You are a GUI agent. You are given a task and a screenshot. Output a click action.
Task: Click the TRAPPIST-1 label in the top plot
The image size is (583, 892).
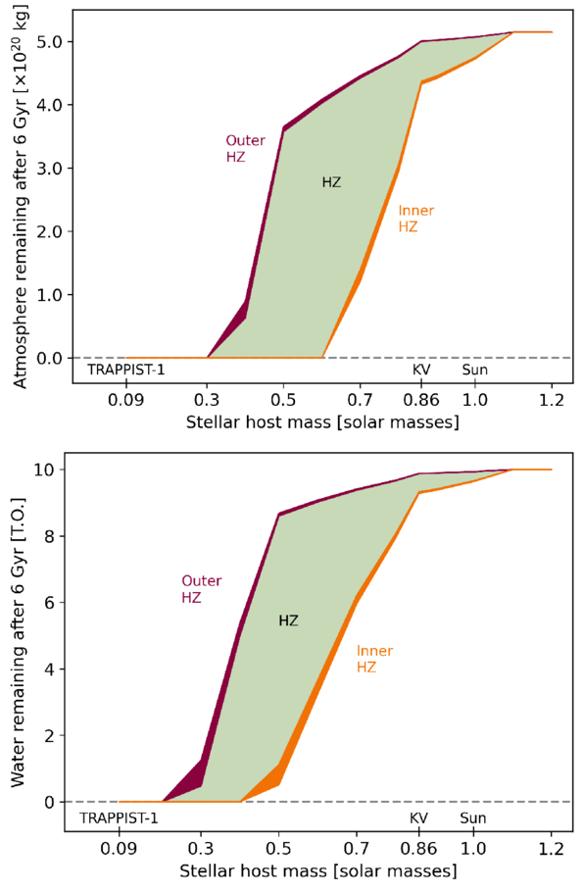pyautogui.click(x=125, y=370)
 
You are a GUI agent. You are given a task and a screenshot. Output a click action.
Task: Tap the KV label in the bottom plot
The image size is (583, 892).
pyautogui.click(x=418, y=818)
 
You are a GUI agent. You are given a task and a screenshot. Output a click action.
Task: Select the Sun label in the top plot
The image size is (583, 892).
pyautogui.click(x=475, y=370)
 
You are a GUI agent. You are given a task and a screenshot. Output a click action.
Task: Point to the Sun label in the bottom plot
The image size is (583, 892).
pyautogui.click(x=473, y=818)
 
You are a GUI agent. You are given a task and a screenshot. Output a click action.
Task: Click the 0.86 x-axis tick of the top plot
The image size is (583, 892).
pyautogui.click(x=421, y=401)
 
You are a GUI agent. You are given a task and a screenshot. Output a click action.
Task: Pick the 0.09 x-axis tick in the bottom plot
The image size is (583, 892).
pyautogui.click(x=119, y=849)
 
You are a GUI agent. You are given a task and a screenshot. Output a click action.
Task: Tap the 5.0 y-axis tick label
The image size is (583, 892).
pyautogui.click(x=49, y=42)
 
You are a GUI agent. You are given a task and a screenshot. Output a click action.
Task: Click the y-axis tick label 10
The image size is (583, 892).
pyautogui.click(x=45, y=470)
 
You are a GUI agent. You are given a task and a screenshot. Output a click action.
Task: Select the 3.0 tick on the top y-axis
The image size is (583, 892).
pyautogui.click(x=49, y=169)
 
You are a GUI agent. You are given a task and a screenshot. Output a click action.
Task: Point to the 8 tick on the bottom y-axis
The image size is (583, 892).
pyautogui.click(x=50, y=536)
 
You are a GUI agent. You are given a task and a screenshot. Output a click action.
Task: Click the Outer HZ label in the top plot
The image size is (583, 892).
pyautogui.click(x=245, y=148)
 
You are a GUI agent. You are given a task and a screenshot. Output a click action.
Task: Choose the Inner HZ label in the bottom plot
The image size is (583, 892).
pyautogui.click(x=375, y=659)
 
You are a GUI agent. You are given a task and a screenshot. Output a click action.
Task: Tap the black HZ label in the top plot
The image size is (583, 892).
pyautogui.click(x=331, y=182)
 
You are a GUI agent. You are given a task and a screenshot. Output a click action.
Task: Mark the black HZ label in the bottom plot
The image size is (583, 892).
pyautogui.click(x=288, y=620)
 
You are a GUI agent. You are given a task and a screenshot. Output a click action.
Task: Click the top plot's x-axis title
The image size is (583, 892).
pyautogui.click(x=322, y=422)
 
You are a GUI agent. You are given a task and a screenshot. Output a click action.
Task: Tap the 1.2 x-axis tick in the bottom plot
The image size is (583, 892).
pyautogui.click(x=551, y=849)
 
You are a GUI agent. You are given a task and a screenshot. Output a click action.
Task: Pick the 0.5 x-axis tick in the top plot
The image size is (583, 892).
pyautogui.click(x=283, y=401)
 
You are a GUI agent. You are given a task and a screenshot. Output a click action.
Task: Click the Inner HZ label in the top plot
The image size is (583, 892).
pyautogui.click(x=416, y=219)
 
